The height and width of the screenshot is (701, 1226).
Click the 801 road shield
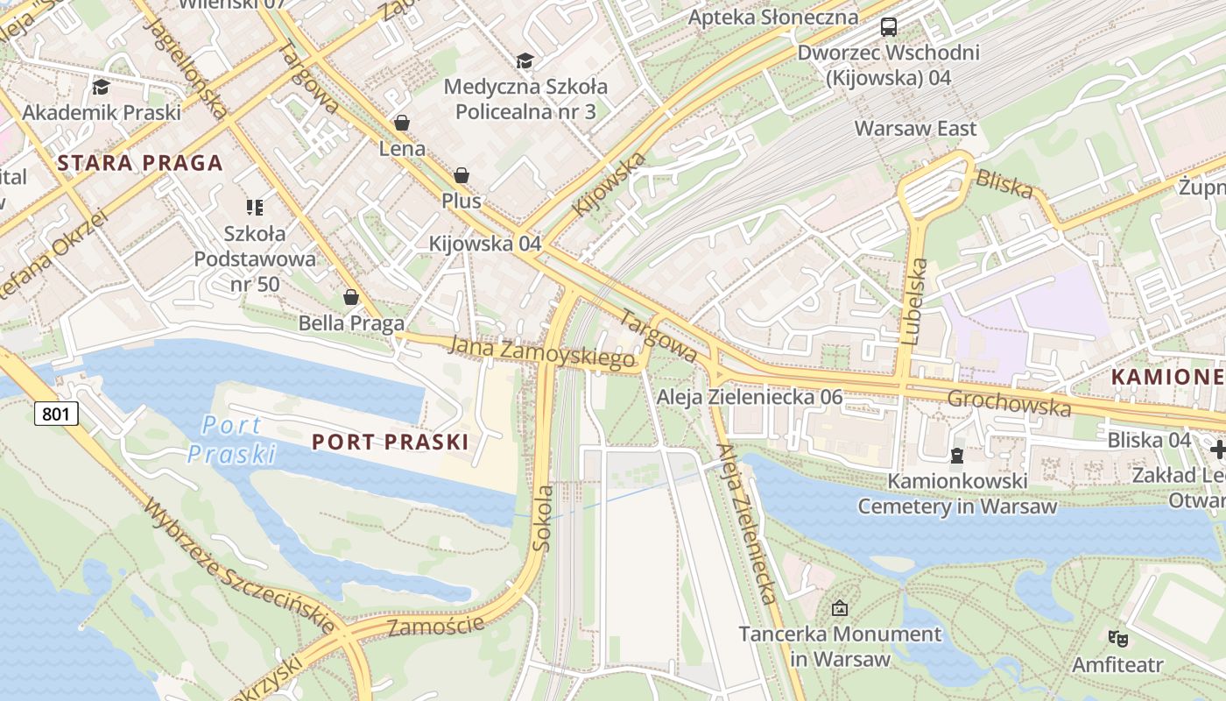click(x=57, y=413)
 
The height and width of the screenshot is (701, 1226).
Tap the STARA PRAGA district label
click(x=140, y=163)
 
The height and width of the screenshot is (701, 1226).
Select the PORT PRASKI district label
click(x=391, y=442)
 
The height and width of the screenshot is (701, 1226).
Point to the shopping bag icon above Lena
click(x=402, y=123)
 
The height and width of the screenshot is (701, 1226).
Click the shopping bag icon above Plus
click(x=461, y=175)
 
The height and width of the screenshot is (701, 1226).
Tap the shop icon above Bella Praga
click(x=351, y=297)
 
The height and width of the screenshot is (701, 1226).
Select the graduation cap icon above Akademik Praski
click(x=101, y=87)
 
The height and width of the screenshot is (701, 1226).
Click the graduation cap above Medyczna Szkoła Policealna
click(x=525, y=60)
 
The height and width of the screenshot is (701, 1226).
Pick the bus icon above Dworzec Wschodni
click(x=888, y=27)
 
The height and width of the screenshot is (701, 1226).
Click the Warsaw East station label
click(x=915, y=129)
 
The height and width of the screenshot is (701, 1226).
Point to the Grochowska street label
click(x=1009, y=403)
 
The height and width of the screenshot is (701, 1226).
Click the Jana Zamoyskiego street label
click(x=540, y=352)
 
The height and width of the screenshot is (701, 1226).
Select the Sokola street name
click(x=542, y=518)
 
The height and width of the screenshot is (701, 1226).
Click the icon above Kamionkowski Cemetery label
click(x=956, y=456)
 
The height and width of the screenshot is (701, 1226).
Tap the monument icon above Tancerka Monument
click(x=840, y=607)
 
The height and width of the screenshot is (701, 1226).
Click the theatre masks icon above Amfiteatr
click(x=1117, y=638)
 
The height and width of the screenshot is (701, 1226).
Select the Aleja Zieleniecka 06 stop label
click(x=750, y=397)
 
